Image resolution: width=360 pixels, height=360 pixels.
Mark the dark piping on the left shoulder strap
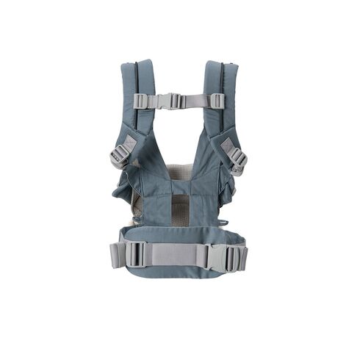point(137,88)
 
